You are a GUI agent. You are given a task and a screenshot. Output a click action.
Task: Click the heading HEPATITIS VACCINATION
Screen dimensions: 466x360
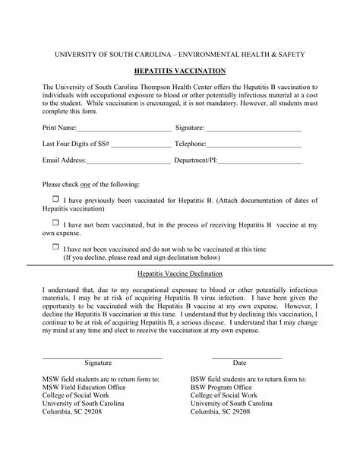tap(179, 70)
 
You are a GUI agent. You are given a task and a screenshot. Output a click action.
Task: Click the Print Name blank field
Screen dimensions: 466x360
tap(125, 129)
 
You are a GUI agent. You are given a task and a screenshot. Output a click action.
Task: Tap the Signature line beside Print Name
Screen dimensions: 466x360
tap(254, 129)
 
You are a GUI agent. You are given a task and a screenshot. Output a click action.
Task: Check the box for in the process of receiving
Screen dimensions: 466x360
tap(55, 223)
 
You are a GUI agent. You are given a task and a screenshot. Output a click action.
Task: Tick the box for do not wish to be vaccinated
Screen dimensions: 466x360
tap(55, 247)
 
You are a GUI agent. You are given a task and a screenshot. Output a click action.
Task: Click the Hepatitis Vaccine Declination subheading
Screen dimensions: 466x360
tap(179, 273)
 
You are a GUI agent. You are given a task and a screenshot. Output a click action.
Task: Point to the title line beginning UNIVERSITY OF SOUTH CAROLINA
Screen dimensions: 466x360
tap(179, 55)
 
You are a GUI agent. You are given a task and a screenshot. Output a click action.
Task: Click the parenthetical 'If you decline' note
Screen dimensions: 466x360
tap(141, 258)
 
